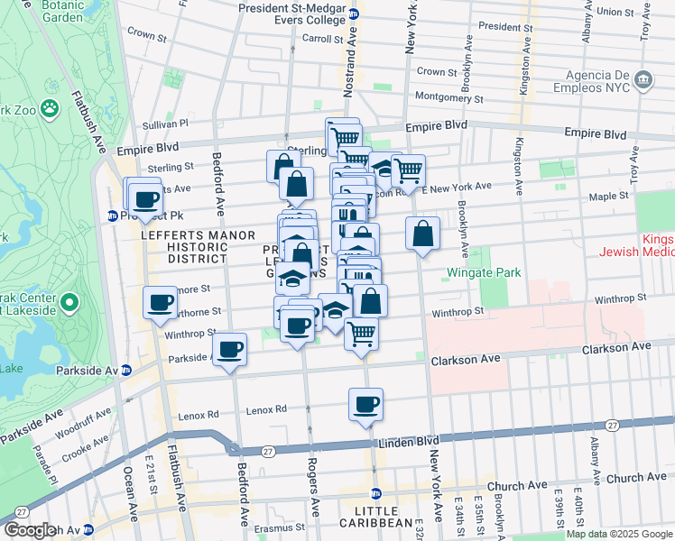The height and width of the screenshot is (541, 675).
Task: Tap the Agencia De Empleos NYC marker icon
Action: point(643,79)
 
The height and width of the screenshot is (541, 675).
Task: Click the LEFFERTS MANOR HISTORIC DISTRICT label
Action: point(184,246)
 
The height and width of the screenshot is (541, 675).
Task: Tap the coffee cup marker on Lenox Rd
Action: point(366,404)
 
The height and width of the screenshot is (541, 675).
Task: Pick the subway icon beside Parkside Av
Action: point(126,370)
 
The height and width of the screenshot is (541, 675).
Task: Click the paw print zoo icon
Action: point(50,109)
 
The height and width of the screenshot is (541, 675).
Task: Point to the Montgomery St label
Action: point(448,98)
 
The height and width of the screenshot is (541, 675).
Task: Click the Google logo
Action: point(28,530)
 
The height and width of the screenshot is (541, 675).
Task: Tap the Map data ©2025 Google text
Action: point(619,534)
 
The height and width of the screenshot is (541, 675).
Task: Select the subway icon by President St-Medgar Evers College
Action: point(355,14)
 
